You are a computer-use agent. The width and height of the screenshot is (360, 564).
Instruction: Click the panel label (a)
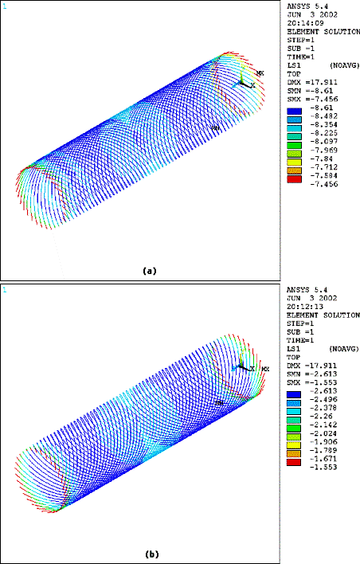coord(148,271)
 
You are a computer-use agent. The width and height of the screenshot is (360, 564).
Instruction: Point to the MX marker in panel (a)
coord(260,73)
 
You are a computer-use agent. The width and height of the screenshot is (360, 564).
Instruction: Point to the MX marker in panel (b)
coord(265,370)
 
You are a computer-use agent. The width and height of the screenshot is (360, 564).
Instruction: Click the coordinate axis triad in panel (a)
coord(243,82)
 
